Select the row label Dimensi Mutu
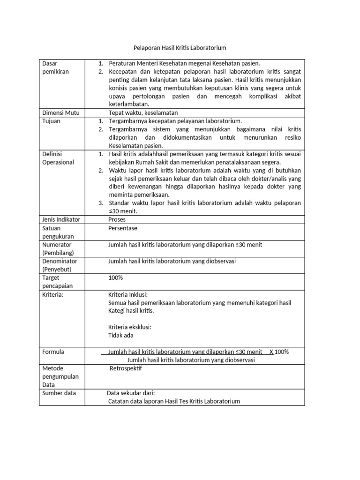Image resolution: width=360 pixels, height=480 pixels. [61, 112]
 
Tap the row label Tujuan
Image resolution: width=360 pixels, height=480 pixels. [51, 121]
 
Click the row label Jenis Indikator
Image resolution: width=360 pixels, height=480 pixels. [61, 219]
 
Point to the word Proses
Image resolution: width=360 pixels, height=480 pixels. [117, 219]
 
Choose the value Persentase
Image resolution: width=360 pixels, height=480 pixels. [123, 228]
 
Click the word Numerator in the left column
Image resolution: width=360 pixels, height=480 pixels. [57, 245]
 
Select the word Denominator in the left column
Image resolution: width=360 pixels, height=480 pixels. [60, 261]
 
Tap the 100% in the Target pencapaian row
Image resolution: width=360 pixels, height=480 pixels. [115, 277]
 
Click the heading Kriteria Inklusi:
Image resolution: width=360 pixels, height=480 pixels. [128, 294]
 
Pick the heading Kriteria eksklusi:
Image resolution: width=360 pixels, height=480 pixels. [130, 327]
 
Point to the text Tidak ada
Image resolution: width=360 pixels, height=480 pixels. [121, 335]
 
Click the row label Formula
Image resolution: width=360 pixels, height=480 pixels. [53, 352]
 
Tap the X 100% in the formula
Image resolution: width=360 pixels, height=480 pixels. [279, 352]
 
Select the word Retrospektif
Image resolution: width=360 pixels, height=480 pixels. [126, 368]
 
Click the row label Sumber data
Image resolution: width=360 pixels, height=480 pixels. [59, 393]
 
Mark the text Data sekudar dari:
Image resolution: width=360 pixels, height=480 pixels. [131, 393]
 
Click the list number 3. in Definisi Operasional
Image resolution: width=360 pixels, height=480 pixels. [101, 203]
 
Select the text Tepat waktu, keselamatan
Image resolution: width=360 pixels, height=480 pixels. [143, 112]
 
